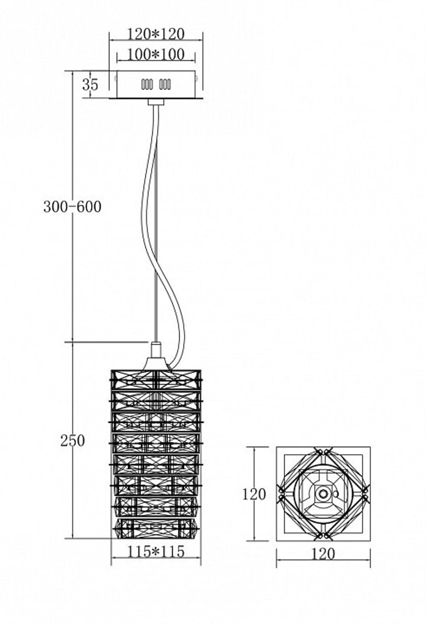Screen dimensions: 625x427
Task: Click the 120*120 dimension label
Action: pos(156,34)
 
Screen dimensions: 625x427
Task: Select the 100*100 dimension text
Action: pos(156,54)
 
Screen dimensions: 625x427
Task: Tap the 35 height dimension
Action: pos(90,85)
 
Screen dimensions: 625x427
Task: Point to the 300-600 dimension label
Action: pos(72,207)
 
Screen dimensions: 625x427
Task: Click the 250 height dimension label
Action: pos(72,440)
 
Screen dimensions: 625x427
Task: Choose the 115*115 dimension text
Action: pos(156,552)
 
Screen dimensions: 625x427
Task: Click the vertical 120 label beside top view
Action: pos(254,494)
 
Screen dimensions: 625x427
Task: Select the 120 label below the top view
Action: pos(323,554)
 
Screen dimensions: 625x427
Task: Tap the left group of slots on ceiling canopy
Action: pos(147,85)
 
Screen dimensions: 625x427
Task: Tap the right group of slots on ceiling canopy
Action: pos(165,85)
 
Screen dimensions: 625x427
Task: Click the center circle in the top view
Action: pos(323,494)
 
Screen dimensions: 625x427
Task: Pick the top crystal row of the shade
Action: pos(156,379)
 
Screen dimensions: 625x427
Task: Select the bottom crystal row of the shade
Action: pos(156,528)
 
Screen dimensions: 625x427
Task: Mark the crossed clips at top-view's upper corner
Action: pos(323,451)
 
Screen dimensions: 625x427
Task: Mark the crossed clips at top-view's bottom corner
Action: pos(323,535)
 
